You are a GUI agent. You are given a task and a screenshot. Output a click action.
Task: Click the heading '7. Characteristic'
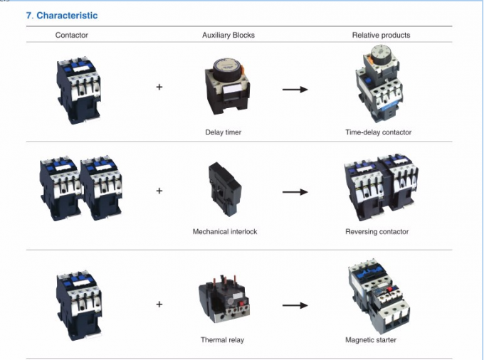point(62,15)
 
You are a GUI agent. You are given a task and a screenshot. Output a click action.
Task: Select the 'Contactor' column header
point(72,35)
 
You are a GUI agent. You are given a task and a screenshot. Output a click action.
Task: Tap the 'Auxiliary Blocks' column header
point(228,35)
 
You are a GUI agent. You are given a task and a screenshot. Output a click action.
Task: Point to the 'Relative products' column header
point(381,35)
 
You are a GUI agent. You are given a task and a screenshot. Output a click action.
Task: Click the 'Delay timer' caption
point(223,132)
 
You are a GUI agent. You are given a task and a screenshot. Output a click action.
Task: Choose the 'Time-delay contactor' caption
point(379,132)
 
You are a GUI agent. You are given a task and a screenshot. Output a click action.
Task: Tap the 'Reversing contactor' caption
point(377,231)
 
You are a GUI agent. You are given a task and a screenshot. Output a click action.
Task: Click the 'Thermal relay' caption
point(222,340)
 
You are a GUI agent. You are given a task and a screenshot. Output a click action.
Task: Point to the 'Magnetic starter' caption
point(371,340)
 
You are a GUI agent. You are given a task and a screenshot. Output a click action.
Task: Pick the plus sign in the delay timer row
point(159,88)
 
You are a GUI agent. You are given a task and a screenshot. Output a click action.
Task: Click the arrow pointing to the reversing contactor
point(295,191)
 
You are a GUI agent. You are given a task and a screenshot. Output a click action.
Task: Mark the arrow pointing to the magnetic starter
point(295,305)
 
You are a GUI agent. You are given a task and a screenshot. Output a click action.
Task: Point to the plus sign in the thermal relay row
point(159,305)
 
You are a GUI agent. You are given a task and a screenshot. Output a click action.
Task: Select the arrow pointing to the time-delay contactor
point(295,90)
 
